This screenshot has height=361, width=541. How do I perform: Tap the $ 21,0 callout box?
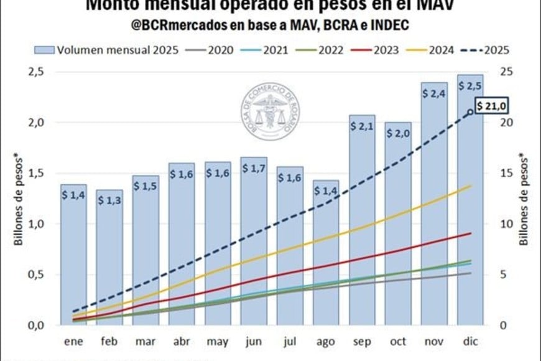pos(488,107)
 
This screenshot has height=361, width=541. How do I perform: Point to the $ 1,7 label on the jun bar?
pos(253,169)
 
